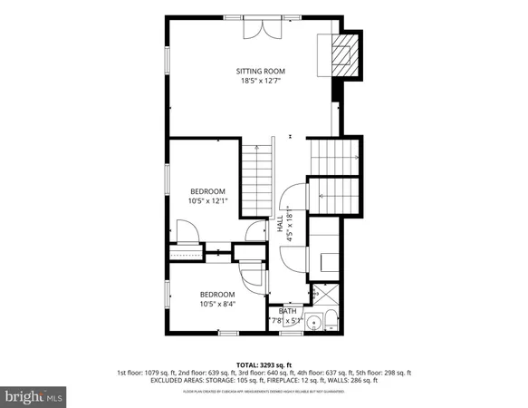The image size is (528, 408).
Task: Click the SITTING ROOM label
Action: (261, 71)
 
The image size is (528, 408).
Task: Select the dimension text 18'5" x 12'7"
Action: (261, 81)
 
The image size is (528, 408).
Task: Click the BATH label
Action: (287, 311)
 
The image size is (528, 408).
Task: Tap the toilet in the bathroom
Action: (331, 319)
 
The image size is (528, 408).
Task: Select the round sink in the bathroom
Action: (315, 321)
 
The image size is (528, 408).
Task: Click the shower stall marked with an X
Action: (316, 295)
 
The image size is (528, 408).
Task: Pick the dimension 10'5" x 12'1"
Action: (207, 201)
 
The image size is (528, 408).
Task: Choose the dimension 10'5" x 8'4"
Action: (216, 304)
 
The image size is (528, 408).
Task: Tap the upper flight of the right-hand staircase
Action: (336, 156)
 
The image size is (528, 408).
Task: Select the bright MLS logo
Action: (34, 396)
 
